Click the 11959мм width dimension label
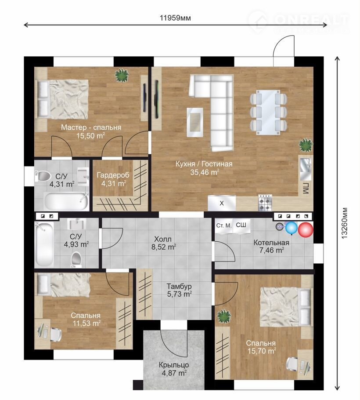pos(175,18)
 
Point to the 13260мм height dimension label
pos(345,222)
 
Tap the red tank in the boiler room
pos(306,230)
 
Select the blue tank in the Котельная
pos(292,228)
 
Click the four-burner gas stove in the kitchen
pos(265,203)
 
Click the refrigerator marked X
pos(222,203)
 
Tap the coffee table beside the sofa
pos(195,122)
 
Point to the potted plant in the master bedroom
pos(122,75)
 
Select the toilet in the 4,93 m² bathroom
pos(76,259)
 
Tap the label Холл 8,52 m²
pos(163,243)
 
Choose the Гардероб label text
pos(113,175)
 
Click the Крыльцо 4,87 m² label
pos(174,369)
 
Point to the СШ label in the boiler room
pos(241,225)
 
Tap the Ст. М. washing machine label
pos(224,225)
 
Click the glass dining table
pos(268,112)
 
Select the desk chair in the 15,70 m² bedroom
pos(292,363)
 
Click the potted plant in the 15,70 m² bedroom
pos(224,316)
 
